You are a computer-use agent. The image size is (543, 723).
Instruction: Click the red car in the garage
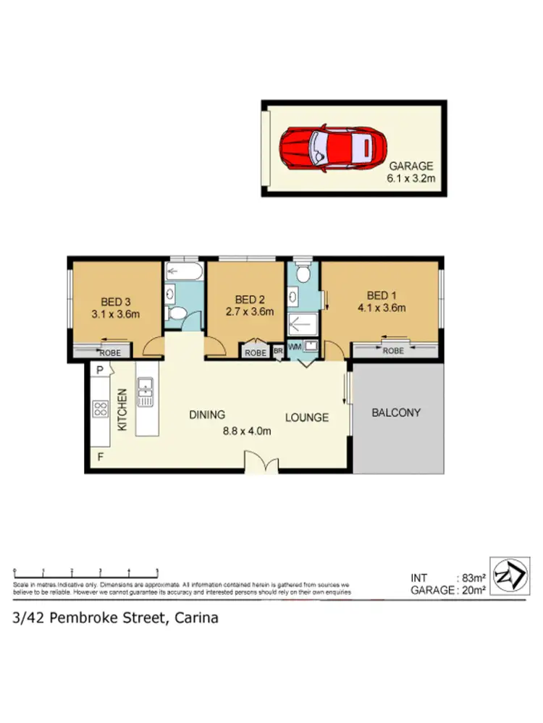pos(332,148)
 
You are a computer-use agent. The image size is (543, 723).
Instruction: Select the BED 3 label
pos(115,303)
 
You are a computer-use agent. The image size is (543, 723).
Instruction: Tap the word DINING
pos(208,415)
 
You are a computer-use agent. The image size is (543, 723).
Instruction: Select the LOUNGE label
pos(306,418)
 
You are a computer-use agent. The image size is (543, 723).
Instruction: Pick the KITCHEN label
pos(123,410)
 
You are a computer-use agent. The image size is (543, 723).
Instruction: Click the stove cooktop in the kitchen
pos(100,409)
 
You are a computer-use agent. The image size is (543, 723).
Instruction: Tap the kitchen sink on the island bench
pos(144,392)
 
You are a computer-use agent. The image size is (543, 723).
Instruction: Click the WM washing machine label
pos(295,347)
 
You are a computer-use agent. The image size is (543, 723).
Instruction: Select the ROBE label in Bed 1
pos(393,351)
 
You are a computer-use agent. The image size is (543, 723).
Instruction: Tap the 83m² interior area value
pos(473,577)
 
